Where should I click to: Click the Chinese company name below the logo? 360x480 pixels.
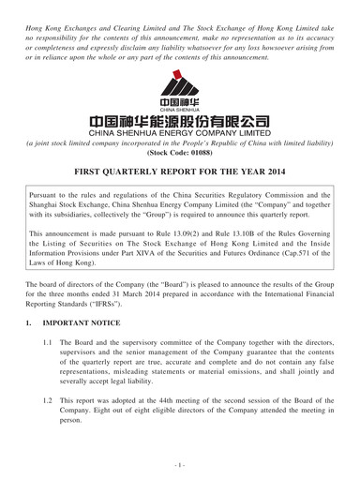[x=179, y=120]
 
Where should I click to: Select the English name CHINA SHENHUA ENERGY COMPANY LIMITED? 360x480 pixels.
[x=179, y=135]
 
